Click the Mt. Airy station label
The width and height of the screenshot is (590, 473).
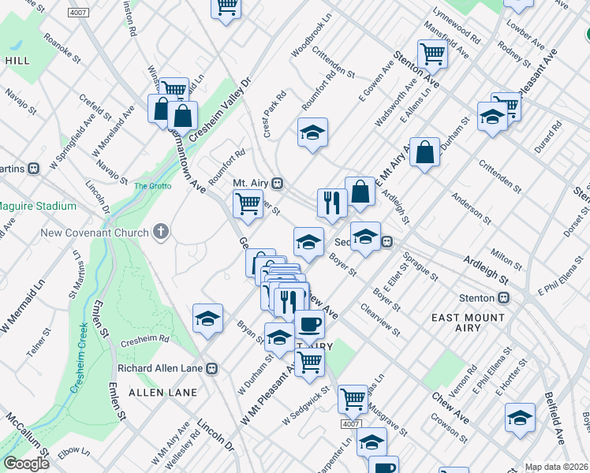click(251, 183)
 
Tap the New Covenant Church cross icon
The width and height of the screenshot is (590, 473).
click(161, 232)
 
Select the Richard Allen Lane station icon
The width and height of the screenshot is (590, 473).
click(212, 368)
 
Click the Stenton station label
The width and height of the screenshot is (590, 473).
click(477, 298)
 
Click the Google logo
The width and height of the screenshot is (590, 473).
click(26, 463)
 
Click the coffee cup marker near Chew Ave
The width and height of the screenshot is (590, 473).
click(309, 324)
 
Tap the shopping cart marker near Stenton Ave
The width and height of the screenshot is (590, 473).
click(432, 54)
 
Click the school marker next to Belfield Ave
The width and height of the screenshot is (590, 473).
click(521, 417)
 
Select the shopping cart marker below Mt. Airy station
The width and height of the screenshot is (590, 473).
click(248, 203)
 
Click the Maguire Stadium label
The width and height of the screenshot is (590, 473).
click(37, 206)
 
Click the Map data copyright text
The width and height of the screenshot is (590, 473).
click(556, 466)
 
